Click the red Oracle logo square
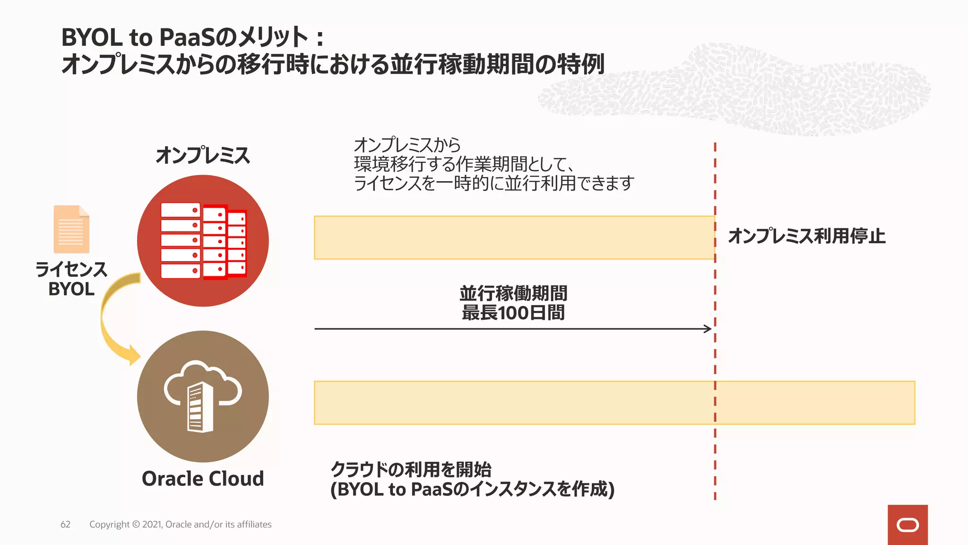click(x=907, y=525)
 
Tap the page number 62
click(x=65, y=524)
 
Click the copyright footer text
click(x=180, y=524)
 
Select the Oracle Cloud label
click(x=203, y=479)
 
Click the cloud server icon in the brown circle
click(x=203, y=396)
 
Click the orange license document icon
click(x=71, y=229)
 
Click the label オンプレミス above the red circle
click(x=203, y=155)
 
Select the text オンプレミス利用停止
click(x=806, y=236)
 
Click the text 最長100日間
click(x=513, y=313)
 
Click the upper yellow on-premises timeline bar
click(x=514, y=237)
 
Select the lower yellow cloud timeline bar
click(x=614, y=403)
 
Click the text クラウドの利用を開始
click(x=411, y=469)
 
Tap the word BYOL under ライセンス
click(x=71, y=289)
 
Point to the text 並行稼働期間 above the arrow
click(x=513, y=293)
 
